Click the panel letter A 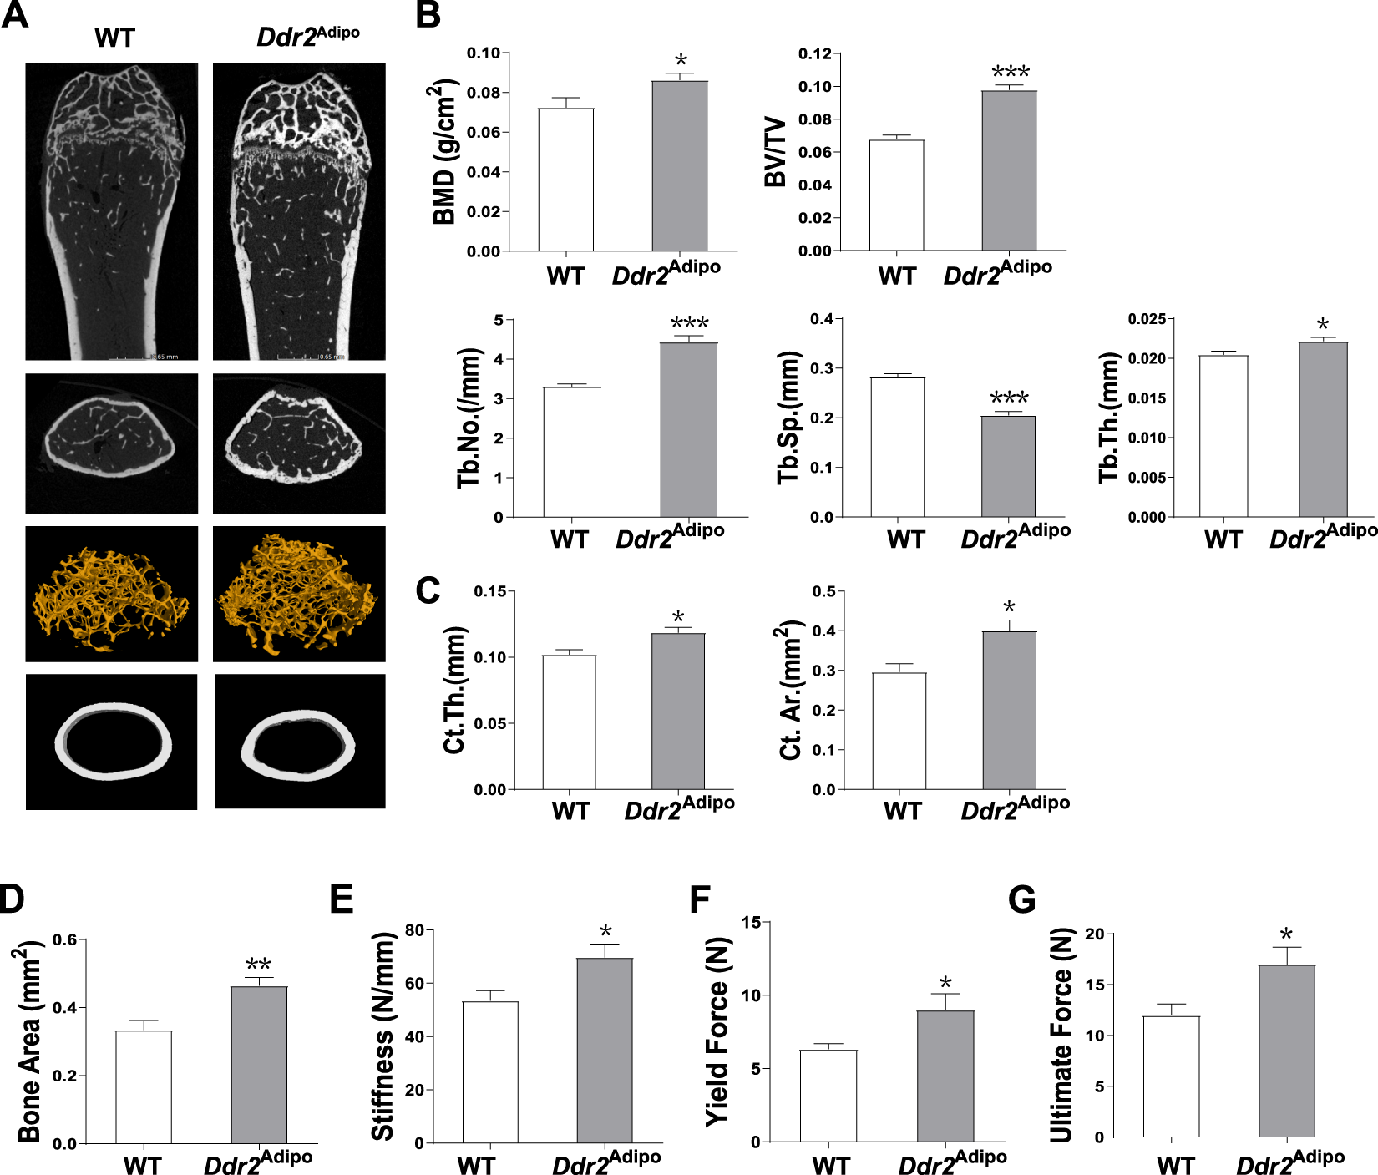tap(14, 15)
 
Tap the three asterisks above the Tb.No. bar tap(689, 323)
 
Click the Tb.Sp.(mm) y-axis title tap(789, 418)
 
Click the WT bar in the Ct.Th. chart tap(569, 722)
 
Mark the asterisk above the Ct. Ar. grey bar tap(1009, 607)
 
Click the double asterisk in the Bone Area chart tap(258, 966)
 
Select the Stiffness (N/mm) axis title tap(382, 1037)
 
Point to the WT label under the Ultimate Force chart tap(1175, 1166)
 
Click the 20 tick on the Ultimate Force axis tap(1093, 934)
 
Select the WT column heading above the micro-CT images tap(114, 38)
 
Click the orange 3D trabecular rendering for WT tap(111, 594)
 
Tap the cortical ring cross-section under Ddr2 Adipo tap(299, 742)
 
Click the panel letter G tap(1021, 900)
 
